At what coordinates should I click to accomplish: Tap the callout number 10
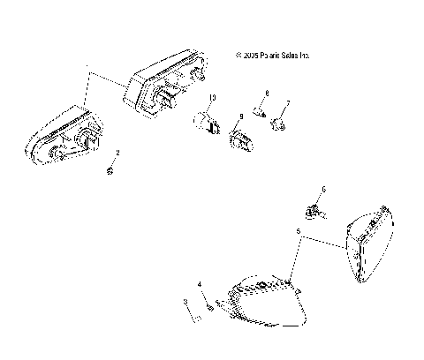[x=212, y=96]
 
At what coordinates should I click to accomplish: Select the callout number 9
[x=240, y=117]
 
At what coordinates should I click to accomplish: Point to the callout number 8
[x=267, y=93]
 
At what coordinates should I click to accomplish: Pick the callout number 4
[x=201, y=284]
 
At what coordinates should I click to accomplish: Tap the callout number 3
[x=185, y=301]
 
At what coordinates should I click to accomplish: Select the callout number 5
[x=299, y=232]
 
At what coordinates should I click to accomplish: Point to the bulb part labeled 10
[x=210, y=122]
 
